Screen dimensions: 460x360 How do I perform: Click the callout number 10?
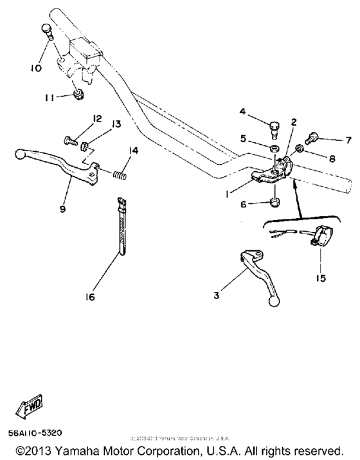pos(36,68)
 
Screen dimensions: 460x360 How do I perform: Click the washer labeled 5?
pos(273,150)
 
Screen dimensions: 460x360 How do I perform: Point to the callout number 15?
pos(319,279)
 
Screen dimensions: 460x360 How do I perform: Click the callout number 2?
pos(293,122)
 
